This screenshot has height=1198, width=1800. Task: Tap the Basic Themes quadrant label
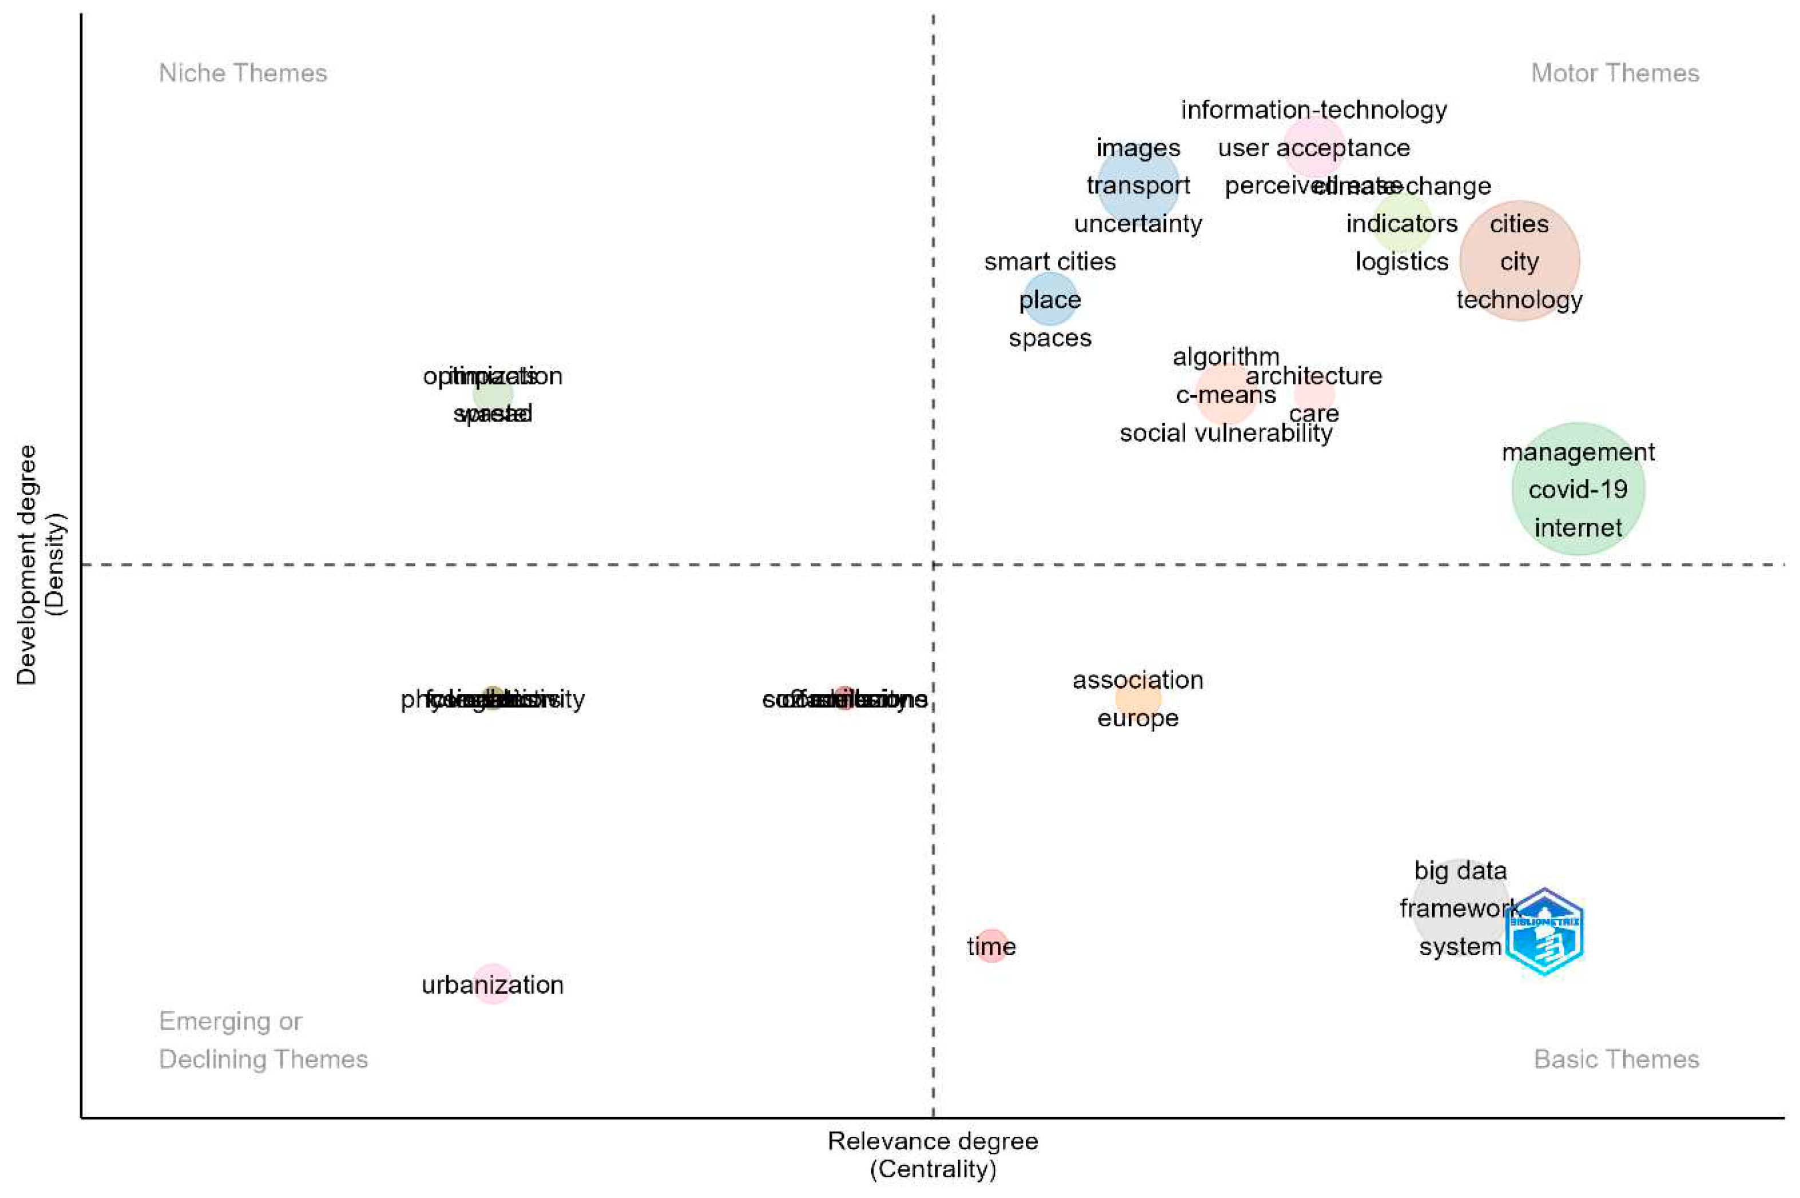coord(1616,1060)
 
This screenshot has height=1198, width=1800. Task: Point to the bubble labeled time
coord(992,946)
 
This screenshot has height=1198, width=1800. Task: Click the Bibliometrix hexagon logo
coord(1544,932)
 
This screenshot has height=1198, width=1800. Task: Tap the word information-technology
coord(1313,110)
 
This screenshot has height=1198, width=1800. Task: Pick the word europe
coord(1137,718)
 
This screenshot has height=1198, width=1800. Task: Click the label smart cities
coord(1049,262)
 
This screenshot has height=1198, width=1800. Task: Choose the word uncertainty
coord(1137,224)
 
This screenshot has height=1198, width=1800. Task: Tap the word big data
coord(1460,870)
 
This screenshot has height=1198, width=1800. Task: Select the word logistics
coord(1401,262)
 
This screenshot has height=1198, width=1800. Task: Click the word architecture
coord(1313,376)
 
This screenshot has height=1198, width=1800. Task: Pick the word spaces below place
coord(1049,338)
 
